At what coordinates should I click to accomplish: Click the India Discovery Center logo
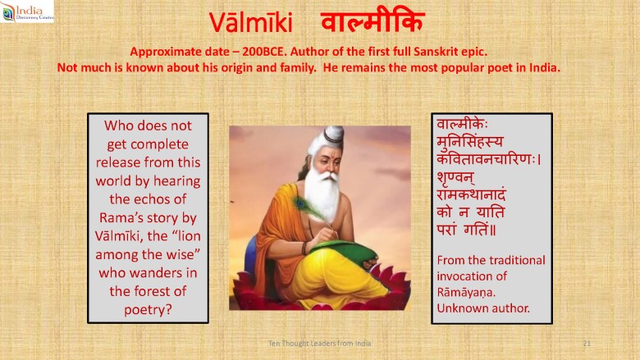27,11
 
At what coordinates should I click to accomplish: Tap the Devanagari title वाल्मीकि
373,21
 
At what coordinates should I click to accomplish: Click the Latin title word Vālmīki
251,23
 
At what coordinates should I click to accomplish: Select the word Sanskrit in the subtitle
436,52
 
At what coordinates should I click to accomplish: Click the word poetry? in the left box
148,310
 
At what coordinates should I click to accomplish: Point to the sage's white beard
322,195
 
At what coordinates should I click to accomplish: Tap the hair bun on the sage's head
333,134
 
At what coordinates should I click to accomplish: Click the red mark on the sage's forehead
331,153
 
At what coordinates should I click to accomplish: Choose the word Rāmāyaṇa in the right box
466,292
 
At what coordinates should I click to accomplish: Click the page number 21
587,344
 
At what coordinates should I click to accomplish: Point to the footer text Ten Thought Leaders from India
320,344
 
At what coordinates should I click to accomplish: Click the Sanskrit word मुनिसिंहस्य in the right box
470,142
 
